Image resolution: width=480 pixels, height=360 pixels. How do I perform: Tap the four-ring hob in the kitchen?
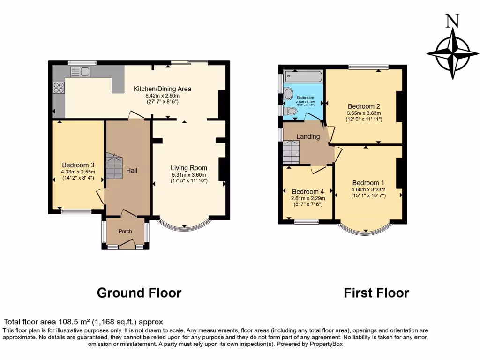point(60,88)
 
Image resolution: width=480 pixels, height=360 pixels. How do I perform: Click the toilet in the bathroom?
point(291,111)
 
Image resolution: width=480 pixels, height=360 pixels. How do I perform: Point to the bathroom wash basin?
point(288,94)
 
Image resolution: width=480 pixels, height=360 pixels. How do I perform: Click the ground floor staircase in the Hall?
point(114,166)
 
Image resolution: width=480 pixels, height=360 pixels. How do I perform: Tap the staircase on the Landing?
point(291,153)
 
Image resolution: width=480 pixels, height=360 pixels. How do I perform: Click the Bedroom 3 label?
point(78,165)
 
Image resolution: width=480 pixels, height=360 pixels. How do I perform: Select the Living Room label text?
point(188,168)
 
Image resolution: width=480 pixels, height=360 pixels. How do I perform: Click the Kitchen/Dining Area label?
point(162,89)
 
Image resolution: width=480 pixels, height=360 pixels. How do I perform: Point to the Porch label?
point(125,231)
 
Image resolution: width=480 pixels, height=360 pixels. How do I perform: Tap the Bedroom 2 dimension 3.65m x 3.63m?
point(364,113)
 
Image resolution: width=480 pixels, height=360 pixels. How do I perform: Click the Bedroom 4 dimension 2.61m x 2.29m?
point(308,198)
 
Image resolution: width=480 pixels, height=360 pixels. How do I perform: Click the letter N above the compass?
point(452,21)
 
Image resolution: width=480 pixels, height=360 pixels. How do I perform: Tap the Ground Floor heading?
point(139,293)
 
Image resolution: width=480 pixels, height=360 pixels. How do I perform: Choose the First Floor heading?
point(376,293)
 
